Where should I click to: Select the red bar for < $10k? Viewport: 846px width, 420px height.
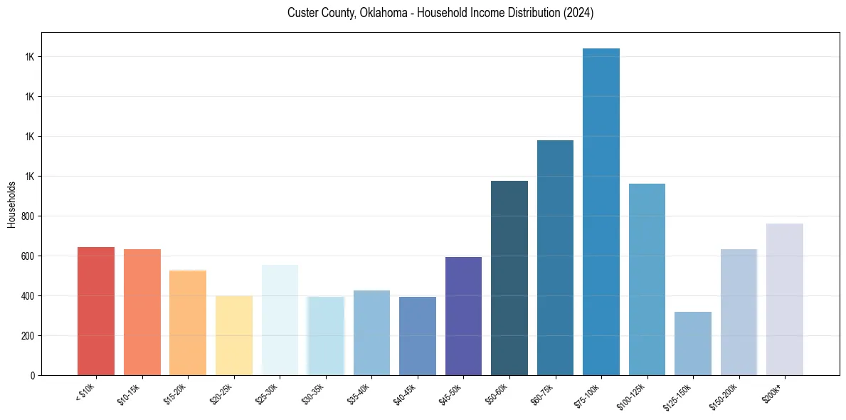96,311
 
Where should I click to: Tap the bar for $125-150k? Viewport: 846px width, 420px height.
693,343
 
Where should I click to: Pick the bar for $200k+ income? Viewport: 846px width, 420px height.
785,299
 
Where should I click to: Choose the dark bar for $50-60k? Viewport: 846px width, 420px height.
509,278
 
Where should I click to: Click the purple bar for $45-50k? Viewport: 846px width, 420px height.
463,316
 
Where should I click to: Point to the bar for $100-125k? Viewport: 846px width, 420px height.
647,279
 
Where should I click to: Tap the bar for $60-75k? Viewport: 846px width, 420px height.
555,258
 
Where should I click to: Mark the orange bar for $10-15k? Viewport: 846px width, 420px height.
142,312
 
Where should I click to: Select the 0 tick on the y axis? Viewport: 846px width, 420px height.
33,375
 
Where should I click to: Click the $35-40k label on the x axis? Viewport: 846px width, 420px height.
360,394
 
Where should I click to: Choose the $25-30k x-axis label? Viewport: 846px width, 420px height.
268,394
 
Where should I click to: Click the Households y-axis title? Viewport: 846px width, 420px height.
11,204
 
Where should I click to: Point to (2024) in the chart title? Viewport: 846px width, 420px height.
578,14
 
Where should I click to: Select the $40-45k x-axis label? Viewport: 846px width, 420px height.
406,394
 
